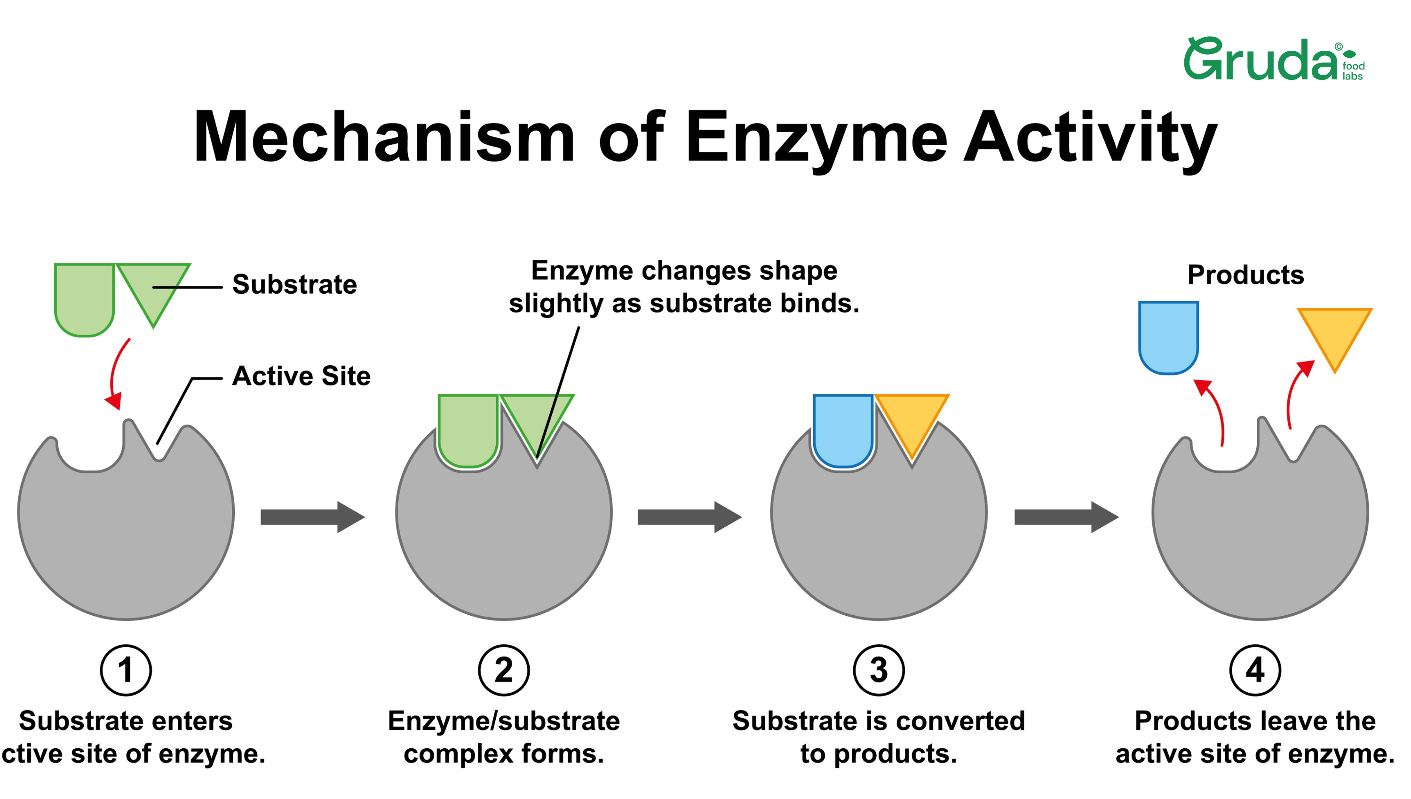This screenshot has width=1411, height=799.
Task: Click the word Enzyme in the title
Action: [816, 137]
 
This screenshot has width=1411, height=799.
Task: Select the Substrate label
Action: [294, 284]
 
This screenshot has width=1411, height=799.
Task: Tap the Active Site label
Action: [301, 376]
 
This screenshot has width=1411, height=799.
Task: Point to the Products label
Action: [1245, 274]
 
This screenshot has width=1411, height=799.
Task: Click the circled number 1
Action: [126, 670]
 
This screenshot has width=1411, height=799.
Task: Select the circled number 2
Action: [503, 670]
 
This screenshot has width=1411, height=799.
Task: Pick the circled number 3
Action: [879, 670]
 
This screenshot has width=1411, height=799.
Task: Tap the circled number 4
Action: [1255, 670]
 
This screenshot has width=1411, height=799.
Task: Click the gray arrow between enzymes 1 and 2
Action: [312, 517]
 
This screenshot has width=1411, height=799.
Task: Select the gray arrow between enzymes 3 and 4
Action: [1066, 517]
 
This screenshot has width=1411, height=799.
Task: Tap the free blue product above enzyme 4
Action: [1168, 336]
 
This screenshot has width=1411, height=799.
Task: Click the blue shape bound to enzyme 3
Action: [843, 428]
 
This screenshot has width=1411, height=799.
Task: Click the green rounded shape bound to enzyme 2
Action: [468, 428]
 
